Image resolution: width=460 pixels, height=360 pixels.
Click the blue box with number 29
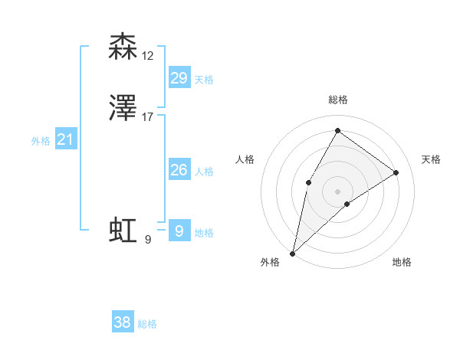[x=179, y=78]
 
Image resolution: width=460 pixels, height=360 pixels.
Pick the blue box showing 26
[x=179, y=170]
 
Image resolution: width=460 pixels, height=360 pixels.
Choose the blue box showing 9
[x=179, y=231]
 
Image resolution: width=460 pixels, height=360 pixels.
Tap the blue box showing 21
[x=66, y=139]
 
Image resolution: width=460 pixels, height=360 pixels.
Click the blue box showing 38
[x=123, y=322]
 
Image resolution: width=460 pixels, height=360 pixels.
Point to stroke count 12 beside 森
[x=148, y=55]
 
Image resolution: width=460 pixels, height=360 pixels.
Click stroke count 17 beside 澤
[x=148, y=117]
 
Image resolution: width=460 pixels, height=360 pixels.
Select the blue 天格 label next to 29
[x=204, y=80]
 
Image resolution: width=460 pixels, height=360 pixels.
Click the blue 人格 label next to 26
[x=204, y=172]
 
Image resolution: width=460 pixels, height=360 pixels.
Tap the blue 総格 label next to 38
[x=147, y=324]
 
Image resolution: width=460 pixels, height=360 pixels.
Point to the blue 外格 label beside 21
[x=41, y=141]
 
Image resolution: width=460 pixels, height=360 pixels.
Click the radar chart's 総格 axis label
[x=337, y=100]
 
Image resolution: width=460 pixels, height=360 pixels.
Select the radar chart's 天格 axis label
[x=431, y=159]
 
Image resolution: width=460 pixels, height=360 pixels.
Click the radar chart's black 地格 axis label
[x=402, y=262]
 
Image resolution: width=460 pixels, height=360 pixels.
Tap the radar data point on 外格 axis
[x=292, y=253]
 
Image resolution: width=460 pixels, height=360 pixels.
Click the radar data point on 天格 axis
[x=396, y=172]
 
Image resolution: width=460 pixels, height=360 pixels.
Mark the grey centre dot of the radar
[x=337, y=191]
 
